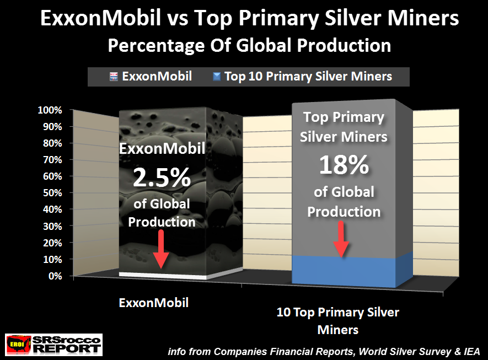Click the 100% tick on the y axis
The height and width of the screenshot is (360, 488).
click(x=50, y=110)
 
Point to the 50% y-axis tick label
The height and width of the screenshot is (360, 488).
click(x=52, y=193)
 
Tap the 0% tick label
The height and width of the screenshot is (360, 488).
click(x=55, y=276)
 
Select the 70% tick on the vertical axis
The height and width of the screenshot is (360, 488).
click(x=52, y=160)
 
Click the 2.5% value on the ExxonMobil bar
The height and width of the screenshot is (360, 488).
click(x=162, y=178)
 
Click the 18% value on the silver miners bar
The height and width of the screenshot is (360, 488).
click(x=344, y=165)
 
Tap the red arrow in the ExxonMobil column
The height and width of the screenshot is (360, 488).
click(x=161, y=249)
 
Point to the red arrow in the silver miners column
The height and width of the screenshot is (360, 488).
click(x=341, y=239)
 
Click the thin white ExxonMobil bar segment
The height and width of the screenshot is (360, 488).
click(x=163, y=276)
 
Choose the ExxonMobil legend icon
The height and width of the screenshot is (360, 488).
click(x=114, y=77)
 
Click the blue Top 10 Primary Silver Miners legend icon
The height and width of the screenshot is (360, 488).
click(x=217, y=77)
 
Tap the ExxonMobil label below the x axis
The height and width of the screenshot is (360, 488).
click(x=154, y=303)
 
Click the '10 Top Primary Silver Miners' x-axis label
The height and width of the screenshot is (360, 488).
click(x=338, y=321)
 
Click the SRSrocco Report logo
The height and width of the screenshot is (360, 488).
click(x=54, y=345)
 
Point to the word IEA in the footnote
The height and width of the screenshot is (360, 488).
click(x=472, y=352)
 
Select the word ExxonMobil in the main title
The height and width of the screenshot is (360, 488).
click(x=100, y=18)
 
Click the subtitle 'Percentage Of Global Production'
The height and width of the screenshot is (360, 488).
click(x=249, y=45)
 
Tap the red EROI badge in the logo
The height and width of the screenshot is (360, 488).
click(x=18, y=345)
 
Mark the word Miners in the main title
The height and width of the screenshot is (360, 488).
click(x=423, y=18)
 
